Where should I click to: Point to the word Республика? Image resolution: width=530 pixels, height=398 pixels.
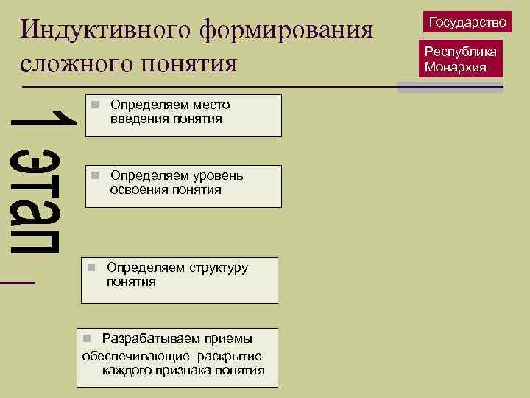point(461,52)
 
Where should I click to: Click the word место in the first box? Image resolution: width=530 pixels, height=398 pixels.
point(211,105)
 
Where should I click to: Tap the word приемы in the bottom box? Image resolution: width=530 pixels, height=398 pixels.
point(228,338)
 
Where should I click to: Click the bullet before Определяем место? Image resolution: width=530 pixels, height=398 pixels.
point(94,105)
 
